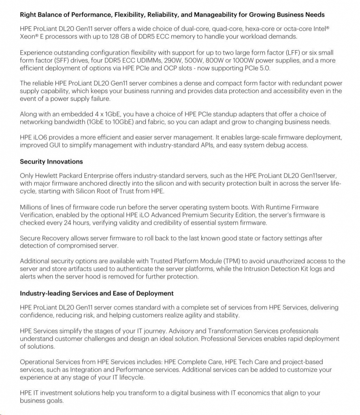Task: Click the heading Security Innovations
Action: point(51,162)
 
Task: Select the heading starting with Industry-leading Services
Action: point(97,293)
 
